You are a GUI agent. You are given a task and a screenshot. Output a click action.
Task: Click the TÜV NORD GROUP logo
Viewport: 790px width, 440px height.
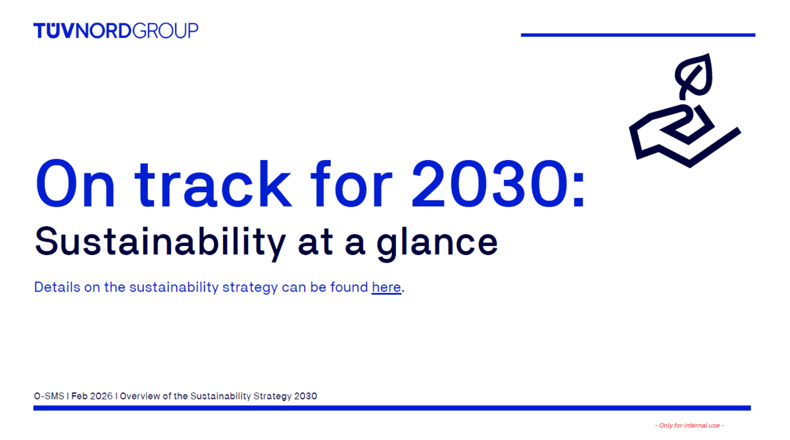click(x=116, y=31)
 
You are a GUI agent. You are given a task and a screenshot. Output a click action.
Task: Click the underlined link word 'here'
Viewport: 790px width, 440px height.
click(x=386, y=287)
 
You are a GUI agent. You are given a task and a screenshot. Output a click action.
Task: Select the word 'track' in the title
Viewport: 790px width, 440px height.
click(x=213, y=184)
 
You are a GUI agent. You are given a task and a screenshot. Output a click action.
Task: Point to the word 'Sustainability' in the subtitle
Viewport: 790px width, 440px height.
click(x=160, y=242)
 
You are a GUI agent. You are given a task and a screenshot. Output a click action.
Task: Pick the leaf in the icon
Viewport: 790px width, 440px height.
click(x=694, y=75)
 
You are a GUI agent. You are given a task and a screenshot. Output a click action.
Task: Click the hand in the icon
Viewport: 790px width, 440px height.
click(x=685, y=136)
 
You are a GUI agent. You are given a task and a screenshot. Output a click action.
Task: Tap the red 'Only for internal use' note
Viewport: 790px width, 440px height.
click(x=690, y=425)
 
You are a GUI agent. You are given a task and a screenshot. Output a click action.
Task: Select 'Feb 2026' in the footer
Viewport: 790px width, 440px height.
click(x=92, y=396)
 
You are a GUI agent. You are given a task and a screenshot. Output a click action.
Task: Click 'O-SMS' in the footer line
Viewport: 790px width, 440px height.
click(x=49, y=396)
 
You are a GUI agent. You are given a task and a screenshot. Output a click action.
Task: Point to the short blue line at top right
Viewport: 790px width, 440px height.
click(x=638, y=35)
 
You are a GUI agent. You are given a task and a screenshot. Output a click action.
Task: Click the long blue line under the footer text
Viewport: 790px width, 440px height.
click(x=392, y=408)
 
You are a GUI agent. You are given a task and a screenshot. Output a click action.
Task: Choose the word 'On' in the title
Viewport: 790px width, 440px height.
click(x=75, y=184)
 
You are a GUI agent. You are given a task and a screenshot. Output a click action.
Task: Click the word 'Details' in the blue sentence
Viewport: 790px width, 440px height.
click(x=57, y=287)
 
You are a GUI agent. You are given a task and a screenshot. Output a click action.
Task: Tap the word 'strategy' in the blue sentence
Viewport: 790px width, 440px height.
click(x=249, y=288)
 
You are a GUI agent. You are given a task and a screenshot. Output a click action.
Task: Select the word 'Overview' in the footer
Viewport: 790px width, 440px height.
click(x=140, y=396)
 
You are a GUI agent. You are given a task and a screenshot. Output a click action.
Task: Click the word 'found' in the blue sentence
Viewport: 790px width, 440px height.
click(x=349, y=287)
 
